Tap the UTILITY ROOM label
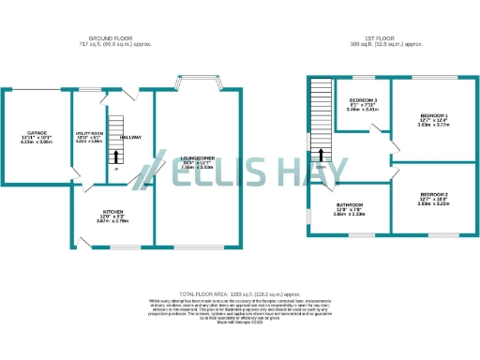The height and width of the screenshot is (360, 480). (89, 134)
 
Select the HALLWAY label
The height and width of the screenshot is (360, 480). (130, 138)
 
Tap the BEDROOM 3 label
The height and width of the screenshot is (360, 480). (363, 100)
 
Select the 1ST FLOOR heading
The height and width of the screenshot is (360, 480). (385, 38)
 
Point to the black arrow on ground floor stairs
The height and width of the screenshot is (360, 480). (116, 154)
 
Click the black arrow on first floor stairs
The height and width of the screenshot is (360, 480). (322, 155)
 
